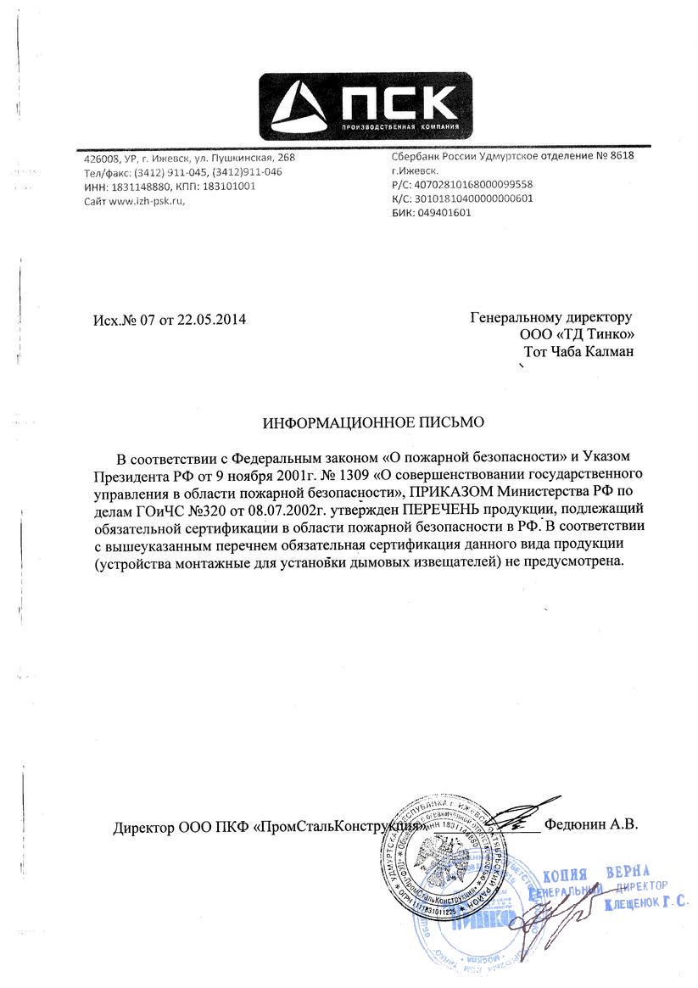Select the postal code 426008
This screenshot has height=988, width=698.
tap(101, 159)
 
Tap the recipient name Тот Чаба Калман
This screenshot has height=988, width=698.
tap(578, 351)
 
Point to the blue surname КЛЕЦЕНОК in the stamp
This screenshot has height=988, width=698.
tap(639, 904)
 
